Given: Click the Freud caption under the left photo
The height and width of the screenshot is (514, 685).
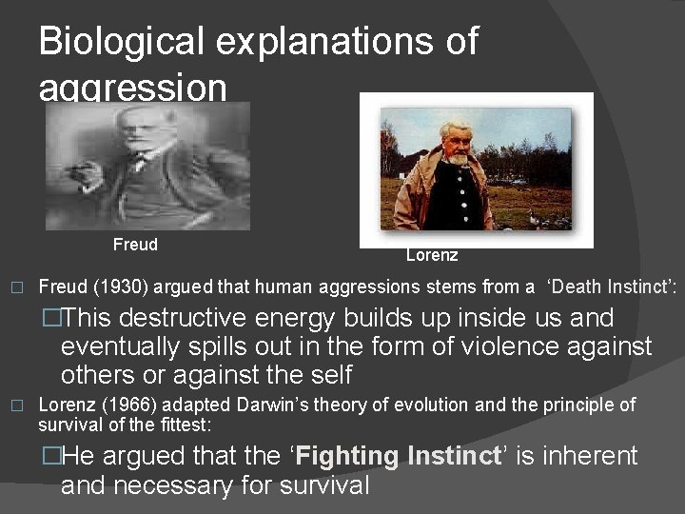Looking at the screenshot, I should [135, 245].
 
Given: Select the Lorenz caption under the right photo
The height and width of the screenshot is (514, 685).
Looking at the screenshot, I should [432, 255].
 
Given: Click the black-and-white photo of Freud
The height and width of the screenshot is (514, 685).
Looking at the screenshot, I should [147, 167].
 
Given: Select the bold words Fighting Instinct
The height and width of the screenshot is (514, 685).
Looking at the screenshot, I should [399, 456].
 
